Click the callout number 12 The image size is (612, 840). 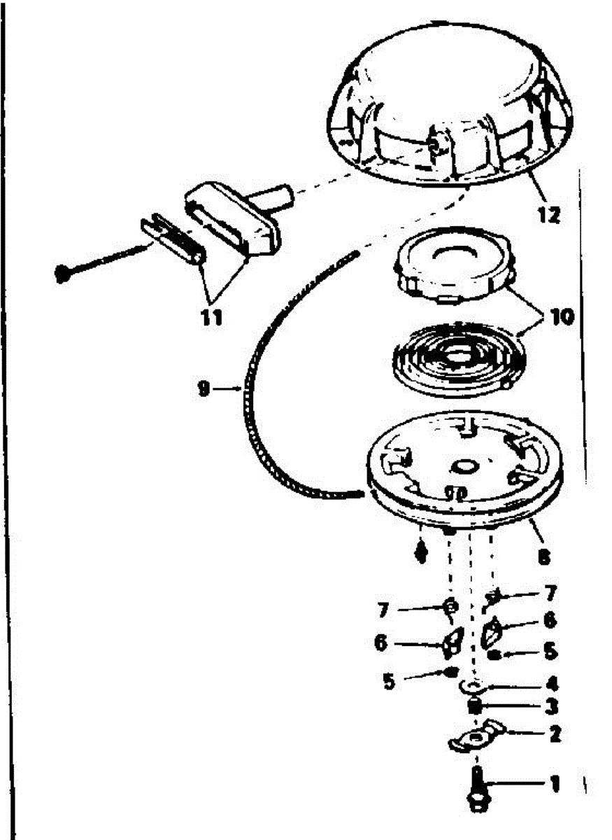(550, 216)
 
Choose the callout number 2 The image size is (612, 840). (555, 734)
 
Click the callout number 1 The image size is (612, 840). (556, 785)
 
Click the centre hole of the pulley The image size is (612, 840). (464, 464)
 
